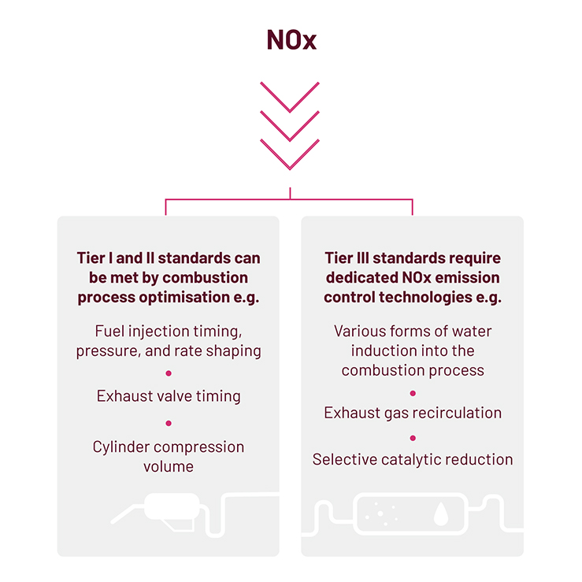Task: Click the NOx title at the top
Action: [x=291, y=40]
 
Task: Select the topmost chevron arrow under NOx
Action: [x=290, y=97]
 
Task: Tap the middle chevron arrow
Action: [x=290, y=126]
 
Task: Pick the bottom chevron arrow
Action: [x=290, y=155]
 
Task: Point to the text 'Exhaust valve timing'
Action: [x=169, y=395]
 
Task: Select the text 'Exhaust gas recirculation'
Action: [x=413, y=413]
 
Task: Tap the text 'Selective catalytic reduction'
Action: [x=413, y=459]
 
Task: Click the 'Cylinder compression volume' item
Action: [x=169, y=456]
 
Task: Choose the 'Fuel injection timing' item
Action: [x=169, y=340]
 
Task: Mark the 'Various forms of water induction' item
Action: [x=413, y=350]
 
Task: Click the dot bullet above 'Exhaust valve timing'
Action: [x=169, y=373]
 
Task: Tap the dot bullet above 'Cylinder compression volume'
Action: [x=169, y=423]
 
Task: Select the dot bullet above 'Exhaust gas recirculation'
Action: [x=413, y=392]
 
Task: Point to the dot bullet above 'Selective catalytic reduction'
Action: [x=413, y=437]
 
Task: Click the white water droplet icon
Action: [x=440, y=513]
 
